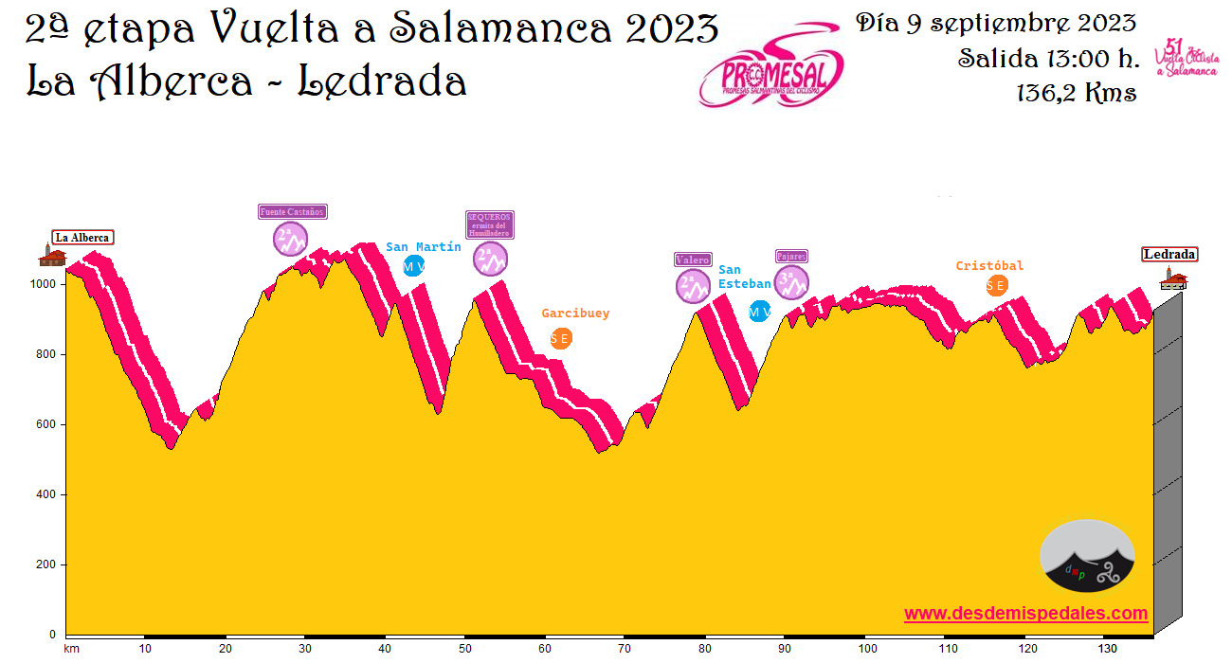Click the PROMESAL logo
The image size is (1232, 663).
pyautogui.click(x=770, y=66)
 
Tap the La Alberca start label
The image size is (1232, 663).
pyautogui.click(x=82, y=238)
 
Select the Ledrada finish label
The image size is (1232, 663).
pyautogui.click(x=1169, y=254)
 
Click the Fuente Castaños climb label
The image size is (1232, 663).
pyautogui.click(x=293, y=212)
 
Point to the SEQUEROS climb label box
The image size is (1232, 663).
pyautogui.click(x=489, y=224)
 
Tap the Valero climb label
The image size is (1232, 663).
pyautogui.click(x=693, y=260)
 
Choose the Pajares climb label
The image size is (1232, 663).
pyautogui.click(x=791, y=256)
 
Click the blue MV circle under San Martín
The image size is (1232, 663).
pyautogui.click(x=413, y=267)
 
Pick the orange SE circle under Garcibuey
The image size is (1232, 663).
pyautogui.click(x=561, y=338)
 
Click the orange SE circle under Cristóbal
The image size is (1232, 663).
pyautogui.click(x=996, y=285)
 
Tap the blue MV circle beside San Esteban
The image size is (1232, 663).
pyautogui.click(x=759, y=311)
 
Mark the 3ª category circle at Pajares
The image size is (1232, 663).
pyautogui.click(x=791, y=281)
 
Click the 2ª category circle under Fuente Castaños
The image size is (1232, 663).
pyautogui.click(x=291, y=239)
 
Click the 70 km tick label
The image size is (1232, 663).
pyautogui.click(x=625, y=649)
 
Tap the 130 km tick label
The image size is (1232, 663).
pyautogui.click(x=1105, y=649)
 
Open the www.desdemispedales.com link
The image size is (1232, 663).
pyautogui.click(x=1025, y=614)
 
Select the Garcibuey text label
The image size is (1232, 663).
pyautogui.click(x=575, y=314)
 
